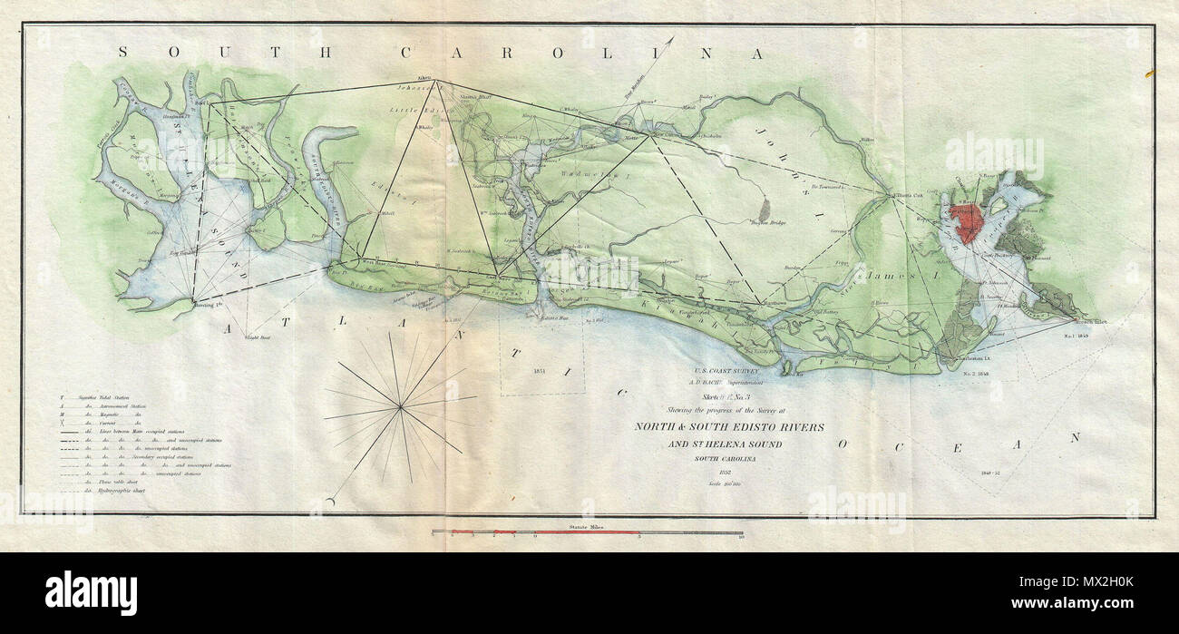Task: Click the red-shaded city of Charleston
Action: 969,221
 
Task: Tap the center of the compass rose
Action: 399,407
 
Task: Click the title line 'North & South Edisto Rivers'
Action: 728,427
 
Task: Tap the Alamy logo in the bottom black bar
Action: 91,592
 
